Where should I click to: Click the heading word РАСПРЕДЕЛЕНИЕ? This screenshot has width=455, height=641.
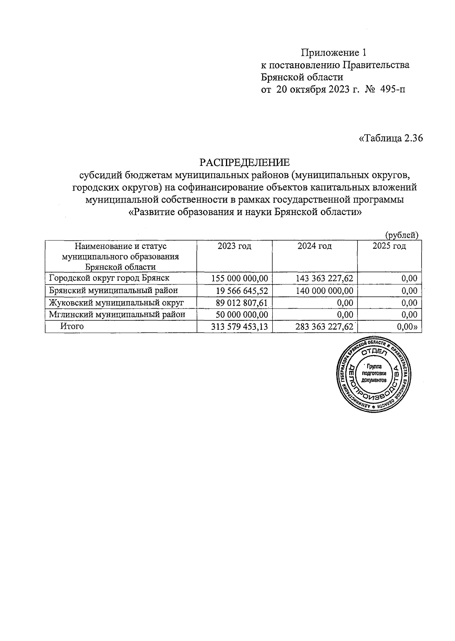[245, 162]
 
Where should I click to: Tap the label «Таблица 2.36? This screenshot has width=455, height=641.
[391, 138]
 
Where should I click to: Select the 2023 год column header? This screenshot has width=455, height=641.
[234, 246]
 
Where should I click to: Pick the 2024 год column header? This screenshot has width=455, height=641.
[314, 246]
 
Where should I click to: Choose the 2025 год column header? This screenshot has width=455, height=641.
[389, 246]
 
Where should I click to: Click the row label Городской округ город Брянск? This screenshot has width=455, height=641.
[109, 278]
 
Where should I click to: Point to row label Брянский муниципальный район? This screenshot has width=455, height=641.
[113, 290]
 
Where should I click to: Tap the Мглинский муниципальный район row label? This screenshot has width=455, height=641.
[117, 314]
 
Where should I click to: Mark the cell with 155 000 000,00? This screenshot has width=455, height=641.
[240, 279]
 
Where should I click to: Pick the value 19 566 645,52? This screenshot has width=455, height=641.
[242, 291]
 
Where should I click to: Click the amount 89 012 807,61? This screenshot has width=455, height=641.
[242, 303]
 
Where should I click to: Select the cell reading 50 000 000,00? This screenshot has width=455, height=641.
[242, 315]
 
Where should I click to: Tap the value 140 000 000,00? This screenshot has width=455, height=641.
[325, 291]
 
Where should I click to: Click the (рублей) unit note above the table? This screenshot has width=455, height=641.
[402, 235]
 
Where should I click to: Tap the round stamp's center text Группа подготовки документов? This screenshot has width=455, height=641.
[374, 373]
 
